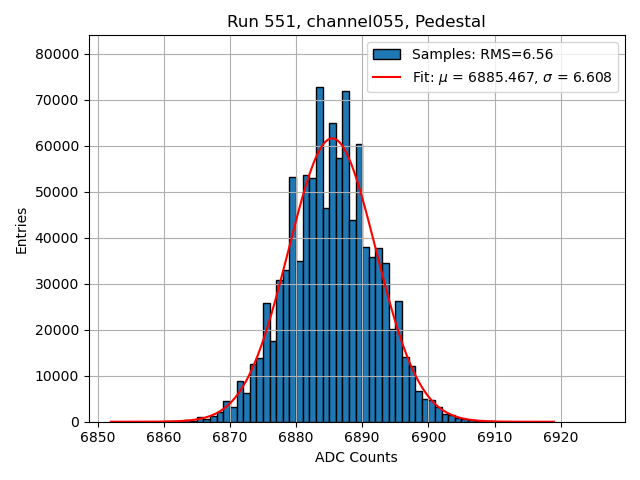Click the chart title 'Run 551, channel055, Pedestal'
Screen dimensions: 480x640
356,21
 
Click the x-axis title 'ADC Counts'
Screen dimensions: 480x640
356,457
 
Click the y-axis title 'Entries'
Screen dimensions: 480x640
21,230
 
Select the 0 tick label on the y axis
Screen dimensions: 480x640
76,422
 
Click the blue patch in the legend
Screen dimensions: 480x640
387,55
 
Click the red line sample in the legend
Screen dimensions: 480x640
387,77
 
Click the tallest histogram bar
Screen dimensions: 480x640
320,250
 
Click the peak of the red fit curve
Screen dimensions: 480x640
333,139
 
